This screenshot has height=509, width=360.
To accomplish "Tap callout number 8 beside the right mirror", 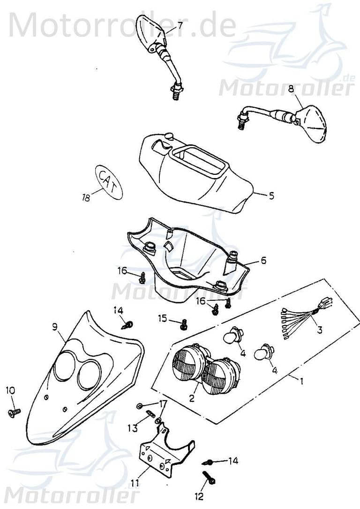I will point(291,88).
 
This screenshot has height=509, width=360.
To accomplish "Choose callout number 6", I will point(263,260).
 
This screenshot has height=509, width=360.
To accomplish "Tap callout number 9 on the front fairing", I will point(55,326).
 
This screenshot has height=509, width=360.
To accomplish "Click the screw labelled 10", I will point(13,412).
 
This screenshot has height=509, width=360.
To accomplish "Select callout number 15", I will point(162,318).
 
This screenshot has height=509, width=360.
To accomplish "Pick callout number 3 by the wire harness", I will point(319,329).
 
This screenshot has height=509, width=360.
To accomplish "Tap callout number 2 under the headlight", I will point(191,398).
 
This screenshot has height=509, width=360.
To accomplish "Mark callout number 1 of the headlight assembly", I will point(301,382).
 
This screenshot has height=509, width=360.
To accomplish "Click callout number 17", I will point(163,403).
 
